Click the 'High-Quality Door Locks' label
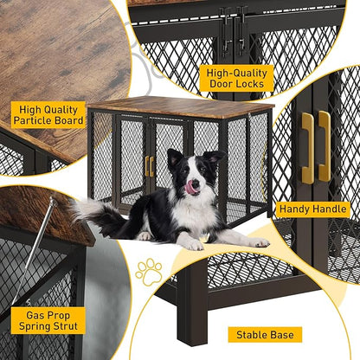pos(235,76)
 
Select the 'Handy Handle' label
pos(313,209)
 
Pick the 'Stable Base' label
pos(265,334)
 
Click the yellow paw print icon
pos(148,271)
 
